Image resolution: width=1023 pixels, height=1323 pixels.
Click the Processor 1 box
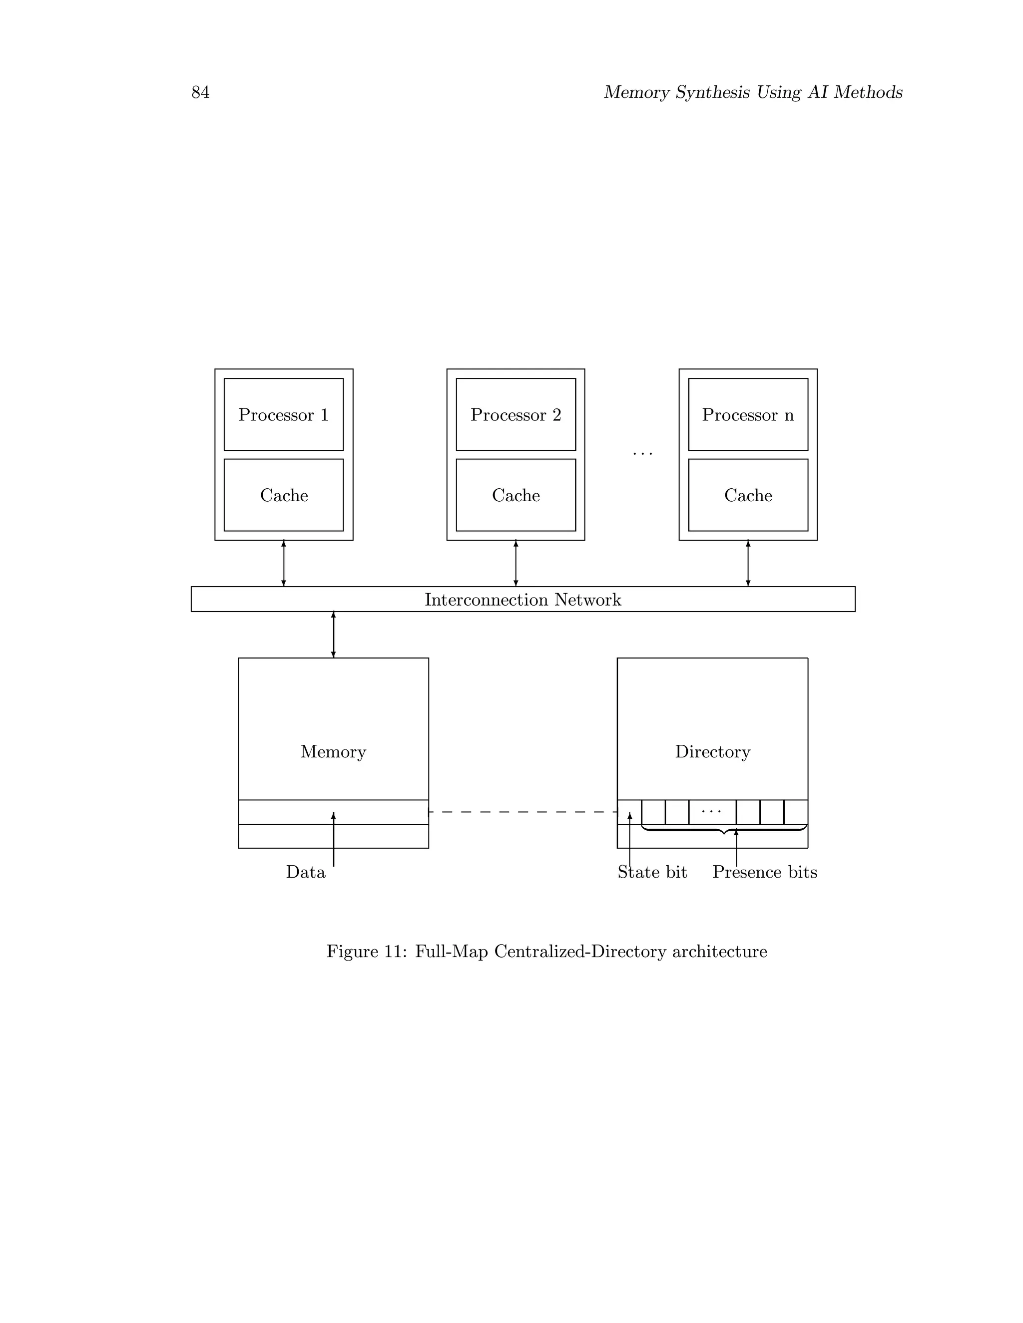283,415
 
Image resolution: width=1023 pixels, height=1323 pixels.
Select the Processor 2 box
515,415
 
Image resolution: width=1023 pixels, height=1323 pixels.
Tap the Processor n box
747,415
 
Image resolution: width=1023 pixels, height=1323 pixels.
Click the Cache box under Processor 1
283,495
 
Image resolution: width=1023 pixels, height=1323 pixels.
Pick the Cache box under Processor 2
515,495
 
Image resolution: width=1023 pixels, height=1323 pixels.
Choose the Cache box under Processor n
747,495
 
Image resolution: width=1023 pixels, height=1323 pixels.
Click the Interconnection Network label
522,600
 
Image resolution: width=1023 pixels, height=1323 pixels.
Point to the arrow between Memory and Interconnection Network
333,634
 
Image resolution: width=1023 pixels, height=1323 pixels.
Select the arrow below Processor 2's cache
515,563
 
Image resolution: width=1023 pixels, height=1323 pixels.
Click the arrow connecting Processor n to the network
747,563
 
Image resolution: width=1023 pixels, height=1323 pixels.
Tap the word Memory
333,752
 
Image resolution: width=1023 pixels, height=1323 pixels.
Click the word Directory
712,752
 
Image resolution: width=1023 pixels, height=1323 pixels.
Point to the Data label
305,872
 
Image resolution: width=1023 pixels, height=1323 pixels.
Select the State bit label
652,872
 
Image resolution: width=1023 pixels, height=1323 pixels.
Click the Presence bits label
764,872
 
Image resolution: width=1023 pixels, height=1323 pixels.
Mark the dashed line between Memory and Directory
522,812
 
